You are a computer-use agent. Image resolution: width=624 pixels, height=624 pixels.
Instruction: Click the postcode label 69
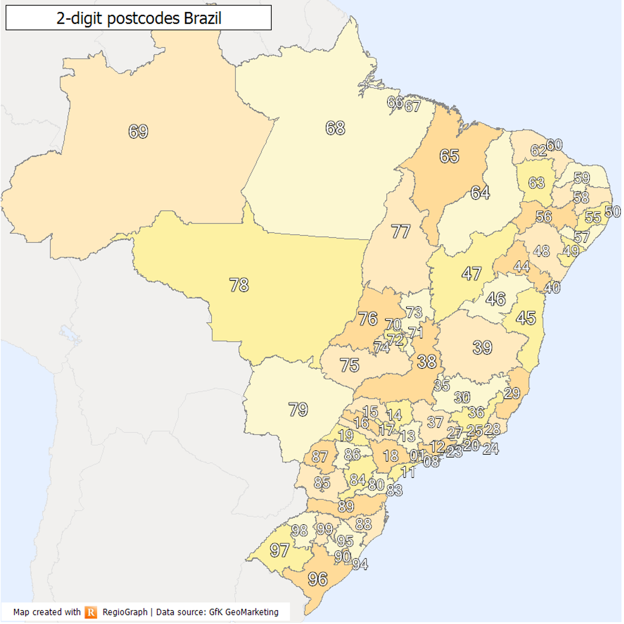point(138,131)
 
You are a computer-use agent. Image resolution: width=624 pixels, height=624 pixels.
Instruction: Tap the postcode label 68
point(335,128)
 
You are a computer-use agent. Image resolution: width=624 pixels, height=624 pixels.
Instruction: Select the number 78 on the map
point(239,285)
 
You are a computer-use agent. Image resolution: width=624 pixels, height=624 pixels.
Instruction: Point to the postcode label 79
point(298,410)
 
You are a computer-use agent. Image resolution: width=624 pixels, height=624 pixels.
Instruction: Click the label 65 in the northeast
point(449,156)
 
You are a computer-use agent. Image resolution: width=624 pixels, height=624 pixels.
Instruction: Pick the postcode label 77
point(401,231)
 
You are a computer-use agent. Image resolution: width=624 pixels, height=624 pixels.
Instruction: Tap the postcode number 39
point(482,347)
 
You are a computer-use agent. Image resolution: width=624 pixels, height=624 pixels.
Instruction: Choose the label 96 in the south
point(318,579)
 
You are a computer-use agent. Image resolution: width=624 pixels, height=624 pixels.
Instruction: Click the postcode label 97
point(279,550)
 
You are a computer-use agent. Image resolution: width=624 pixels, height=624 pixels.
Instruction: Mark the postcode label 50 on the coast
point(612,212)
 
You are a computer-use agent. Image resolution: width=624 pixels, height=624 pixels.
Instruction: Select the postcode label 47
point(472,273)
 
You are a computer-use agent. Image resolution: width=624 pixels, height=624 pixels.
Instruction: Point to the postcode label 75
point(349,365)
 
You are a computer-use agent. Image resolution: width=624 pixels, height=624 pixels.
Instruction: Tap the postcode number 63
point(536,183)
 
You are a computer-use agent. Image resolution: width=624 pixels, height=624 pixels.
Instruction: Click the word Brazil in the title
point(203,18)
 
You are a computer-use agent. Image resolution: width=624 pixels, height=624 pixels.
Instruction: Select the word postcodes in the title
point(143,18)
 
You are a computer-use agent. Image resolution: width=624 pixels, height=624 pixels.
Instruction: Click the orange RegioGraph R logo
point(91,612)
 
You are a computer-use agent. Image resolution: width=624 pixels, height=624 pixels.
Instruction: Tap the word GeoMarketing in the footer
point(252,612)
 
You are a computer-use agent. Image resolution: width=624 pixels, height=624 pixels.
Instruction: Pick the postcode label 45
point(526,318)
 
